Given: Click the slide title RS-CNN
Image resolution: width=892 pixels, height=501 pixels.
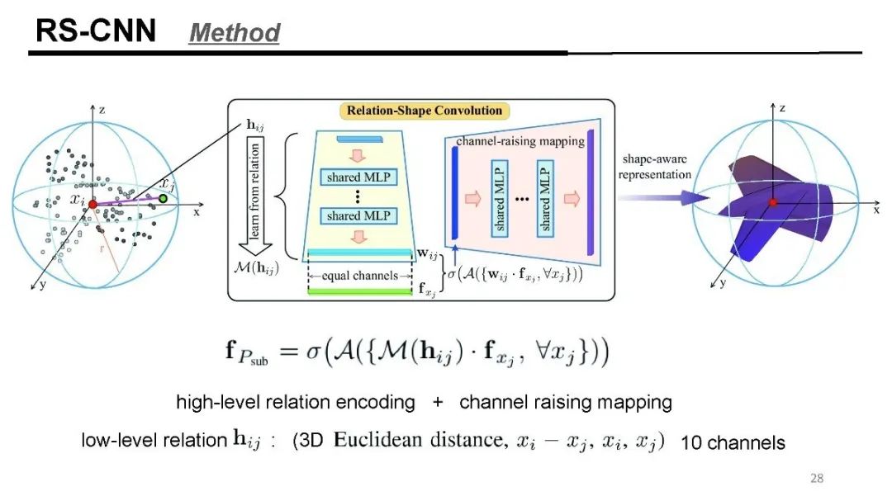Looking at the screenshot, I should (95, 31).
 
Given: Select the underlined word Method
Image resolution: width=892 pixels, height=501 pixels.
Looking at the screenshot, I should (235, 33).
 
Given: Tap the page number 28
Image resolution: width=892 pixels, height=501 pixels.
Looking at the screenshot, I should (817, 478).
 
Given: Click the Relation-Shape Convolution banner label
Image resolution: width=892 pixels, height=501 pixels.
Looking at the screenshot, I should (424, 111).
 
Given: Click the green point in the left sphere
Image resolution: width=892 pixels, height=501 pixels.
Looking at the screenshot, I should (164, 199).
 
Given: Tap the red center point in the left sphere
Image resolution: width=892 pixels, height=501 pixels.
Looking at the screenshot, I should (93, 203).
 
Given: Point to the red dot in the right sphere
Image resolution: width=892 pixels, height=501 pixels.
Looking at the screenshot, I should (773, 202).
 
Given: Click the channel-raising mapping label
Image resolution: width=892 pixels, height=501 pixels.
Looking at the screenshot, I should (520, 141).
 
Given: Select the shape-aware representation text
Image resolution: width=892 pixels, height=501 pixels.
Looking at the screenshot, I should (655, 168).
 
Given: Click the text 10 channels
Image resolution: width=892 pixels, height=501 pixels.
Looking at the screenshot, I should (733, 443).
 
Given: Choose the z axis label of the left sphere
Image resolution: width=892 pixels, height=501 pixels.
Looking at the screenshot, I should (101, 109).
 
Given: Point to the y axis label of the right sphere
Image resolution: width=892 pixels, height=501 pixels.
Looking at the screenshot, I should (722, 283).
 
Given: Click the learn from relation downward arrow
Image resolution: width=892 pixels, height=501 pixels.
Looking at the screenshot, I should (255, 198).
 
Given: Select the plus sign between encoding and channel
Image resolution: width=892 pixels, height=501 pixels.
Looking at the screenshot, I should (437, 403).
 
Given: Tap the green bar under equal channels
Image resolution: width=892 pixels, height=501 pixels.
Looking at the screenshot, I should (359, 291).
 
